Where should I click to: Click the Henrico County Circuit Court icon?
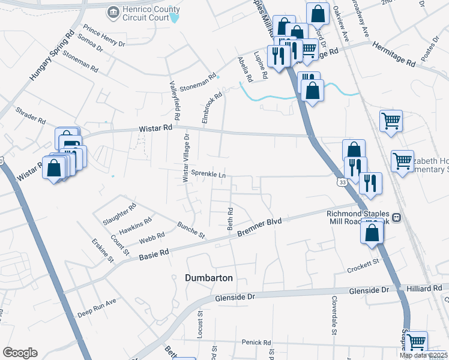pos(113,12)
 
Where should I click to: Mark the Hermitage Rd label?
pos(394,54)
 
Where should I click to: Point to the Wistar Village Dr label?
pos(186,158)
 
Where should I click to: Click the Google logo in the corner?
pos(20,353)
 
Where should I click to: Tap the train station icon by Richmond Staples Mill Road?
pos(396,217)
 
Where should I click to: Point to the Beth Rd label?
pos(230,219)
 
